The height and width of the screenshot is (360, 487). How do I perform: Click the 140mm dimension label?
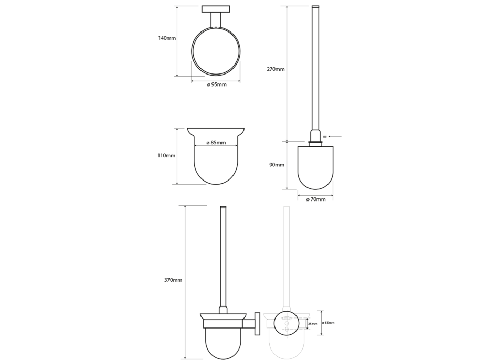click(167, 38)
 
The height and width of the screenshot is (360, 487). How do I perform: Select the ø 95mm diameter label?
click(217, 84)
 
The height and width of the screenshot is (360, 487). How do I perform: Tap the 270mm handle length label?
click(276, 69)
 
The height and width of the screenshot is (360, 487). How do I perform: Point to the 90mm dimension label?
click(277, 165)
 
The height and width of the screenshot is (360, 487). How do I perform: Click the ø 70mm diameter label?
click(316, 199)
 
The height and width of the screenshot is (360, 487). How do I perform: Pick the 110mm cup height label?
click(166, 156)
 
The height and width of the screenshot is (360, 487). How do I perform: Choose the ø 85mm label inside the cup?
click(216, 143)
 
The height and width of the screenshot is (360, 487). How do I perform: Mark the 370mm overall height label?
click(173, 280)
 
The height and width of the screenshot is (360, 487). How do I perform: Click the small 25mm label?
click(313, 324)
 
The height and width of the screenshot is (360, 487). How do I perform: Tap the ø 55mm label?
click(329, 323)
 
